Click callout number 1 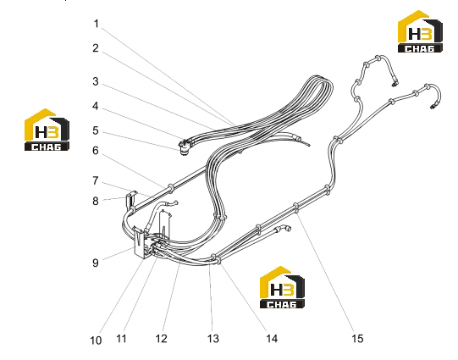point(97,24)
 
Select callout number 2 point(96,48)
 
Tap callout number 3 point(96,81)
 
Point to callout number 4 point(96,106)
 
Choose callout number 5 point(96,130)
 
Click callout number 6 point(96,151)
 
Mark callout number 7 point(96,181)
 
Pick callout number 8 point(96,202)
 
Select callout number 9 point(96,263)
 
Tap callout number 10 point(96,341)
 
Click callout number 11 point(121,339)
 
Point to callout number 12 point(161,339)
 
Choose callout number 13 point(213,339)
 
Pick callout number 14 point(272,339)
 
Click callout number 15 point(357,339)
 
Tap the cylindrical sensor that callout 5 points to point(185,148)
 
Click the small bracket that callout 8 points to point(131,200)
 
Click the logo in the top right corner point(420,31)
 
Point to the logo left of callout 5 point(47,130)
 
